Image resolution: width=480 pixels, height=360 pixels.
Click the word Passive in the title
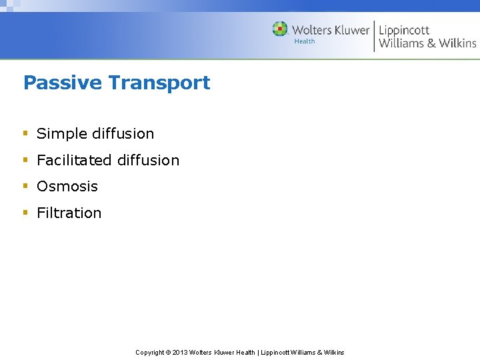(63, 83)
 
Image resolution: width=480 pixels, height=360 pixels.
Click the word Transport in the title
(159, 83)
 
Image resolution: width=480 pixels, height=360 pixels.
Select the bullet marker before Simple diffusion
(25, 133)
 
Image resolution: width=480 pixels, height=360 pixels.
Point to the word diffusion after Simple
(122, 133)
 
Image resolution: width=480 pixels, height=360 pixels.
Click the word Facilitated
(74, 160)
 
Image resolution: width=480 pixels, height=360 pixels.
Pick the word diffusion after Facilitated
(148, 160)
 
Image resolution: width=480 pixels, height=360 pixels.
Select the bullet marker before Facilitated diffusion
(25, 160)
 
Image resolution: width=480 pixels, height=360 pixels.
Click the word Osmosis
(67, 187)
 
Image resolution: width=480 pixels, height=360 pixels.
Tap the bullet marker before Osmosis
(25, 186)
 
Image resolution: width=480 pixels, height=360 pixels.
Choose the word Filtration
(69, 213)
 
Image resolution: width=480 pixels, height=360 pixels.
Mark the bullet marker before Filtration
(25, 213)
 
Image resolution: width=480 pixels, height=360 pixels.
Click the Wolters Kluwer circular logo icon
(280, 29)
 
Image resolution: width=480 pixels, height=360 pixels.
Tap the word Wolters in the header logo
(311, 30)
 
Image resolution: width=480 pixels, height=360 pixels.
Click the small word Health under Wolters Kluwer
(305, 41)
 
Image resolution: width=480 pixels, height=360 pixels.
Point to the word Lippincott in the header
(404, 30)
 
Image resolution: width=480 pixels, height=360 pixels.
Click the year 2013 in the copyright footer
(180, 352)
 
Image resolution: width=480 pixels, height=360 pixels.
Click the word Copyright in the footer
(149, 352)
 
